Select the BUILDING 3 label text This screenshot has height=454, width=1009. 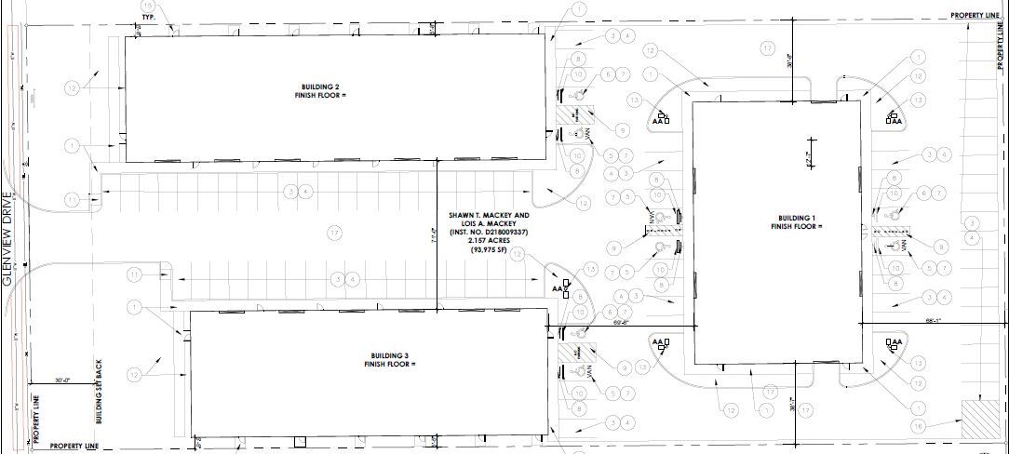point(389,356)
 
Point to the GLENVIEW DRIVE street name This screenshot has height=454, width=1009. point(8,243)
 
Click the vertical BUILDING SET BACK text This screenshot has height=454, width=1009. point(96,392)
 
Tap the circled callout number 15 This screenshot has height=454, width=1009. point(150,7)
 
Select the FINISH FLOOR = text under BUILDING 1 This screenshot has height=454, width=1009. point(796,227)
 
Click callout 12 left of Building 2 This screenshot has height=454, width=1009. point(73,87)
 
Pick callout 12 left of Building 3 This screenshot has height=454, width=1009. point(136,375)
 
